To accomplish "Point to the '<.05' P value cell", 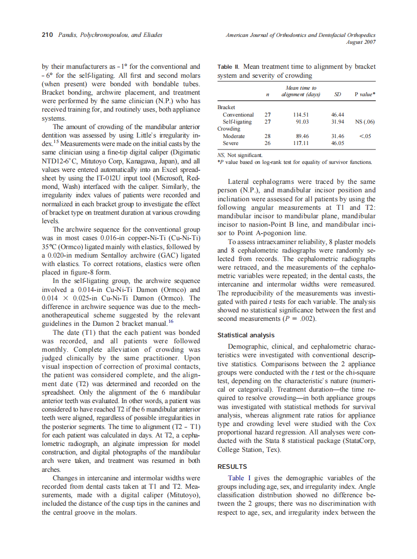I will click(364, 136).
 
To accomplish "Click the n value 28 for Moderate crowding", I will click(267, 136).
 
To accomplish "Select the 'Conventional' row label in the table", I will click(238, 115).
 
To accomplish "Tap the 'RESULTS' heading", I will click(232, 467).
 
